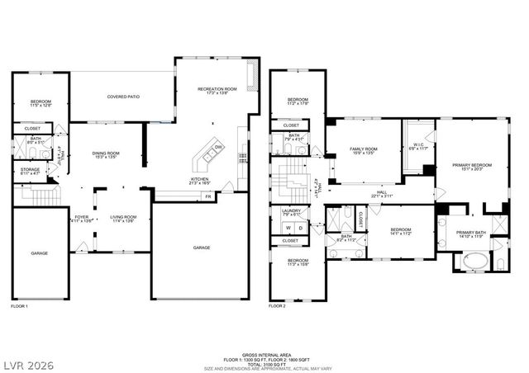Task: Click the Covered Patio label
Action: point(123,97)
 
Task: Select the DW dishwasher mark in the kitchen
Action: point(218,147)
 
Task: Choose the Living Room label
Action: point(123,219)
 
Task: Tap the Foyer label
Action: point(82,219)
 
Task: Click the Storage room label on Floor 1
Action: point(31,171)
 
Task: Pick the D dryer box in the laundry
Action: point(300,227)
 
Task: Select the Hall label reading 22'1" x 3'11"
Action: point(359,193)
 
